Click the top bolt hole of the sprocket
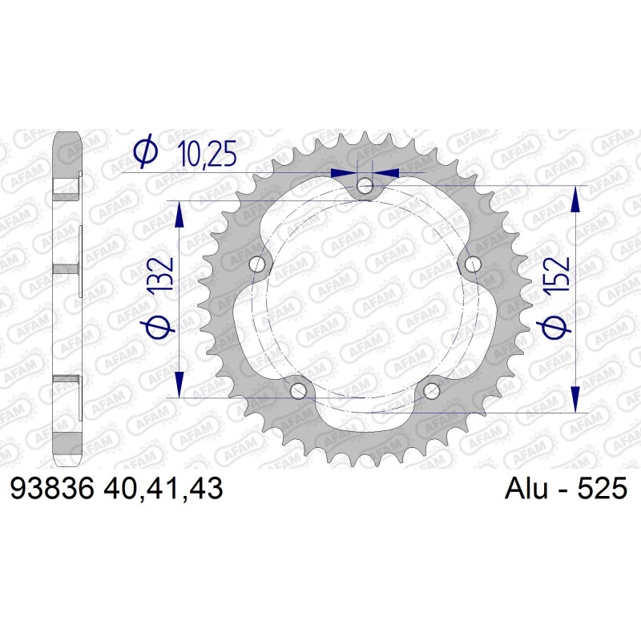[365, 187]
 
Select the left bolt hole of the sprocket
[256, 264]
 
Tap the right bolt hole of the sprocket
[473, 264]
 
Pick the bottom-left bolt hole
[298, 391]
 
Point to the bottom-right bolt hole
[431, 391]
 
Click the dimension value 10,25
[207, 154]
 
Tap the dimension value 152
[556, 274]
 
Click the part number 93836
[52, 488]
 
